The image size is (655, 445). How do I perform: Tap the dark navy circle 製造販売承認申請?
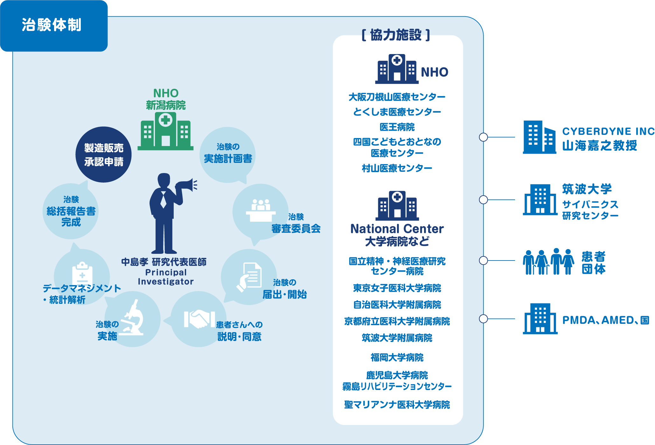pos(104,155)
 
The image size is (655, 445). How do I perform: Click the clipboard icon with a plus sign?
pos(82,274)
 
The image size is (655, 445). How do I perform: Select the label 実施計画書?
pos(228,158)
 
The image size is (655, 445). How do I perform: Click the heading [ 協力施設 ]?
pos(396,35)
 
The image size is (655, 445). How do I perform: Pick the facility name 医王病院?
pos(397,127)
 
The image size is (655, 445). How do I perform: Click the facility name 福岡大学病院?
pos(397,358)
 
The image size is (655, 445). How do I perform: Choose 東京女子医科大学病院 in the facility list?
pos(397,288)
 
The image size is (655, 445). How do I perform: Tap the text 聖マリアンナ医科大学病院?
pos(397,405)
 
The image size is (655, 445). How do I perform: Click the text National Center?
pos(397,229)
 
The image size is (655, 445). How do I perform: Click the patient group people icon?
pos(548,261)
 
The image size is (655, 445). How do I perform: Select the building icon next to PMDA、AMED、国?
pos(540,319)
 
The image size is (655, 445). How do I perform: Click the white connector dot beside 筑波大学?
pos(483,200)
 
